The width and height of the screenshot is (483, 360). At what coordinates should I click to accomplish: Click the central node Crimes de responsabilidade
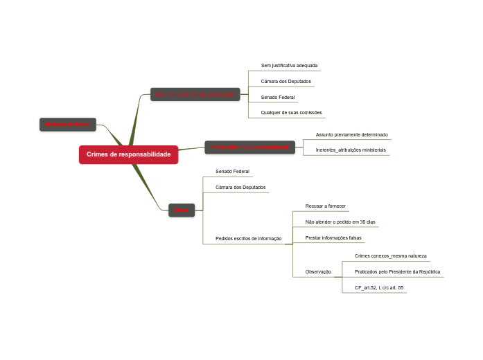click(128, 154)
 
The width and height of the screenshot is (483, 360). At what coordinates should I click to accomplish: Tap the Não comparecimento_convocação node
click(195, 94)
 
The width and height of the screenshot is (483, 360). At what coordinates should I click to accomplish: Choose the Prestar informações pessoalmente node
click(249, 147)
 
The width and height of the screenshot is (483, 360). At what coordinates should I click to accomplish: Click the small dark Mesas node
click(182, 210)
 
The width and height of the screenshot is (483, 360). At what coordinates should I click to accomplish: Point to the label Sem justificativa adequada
click(289, 66)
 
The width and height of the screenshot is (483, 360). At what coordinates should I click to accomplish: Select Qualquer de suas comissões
click(291, 112)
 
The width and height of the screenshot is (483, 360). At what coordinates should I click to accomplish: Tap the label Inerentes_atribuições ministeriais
click(351, 150)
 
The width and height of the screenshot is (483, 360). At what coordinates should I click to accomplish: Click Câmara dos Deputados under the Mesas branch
click(240, 187)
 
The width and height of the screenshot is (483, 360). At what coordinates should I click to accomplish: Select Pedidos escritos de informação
click(248, 238)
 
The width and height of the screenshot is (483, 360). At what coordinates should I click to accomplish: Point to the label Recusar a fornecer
click(326, 206)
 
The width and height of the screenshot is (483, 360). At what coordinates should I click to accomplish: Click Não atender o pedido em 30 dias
click(340, 222)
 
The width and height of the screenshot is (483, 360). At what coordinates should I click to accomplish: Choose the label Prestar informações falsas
click(333, 237)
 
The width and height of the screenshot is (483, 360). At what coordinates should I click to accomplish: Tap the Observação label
click(318, 271)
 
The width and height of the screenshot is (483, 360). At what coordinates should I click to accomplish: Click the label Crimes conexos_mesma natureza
click(390, 256)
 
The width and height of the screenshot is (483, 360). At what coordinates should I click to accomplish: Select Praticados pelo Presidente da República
click(397, 271)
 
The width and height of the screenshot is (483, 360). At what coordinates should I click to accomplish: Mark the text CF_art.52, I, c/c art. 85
click(378, 287)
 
